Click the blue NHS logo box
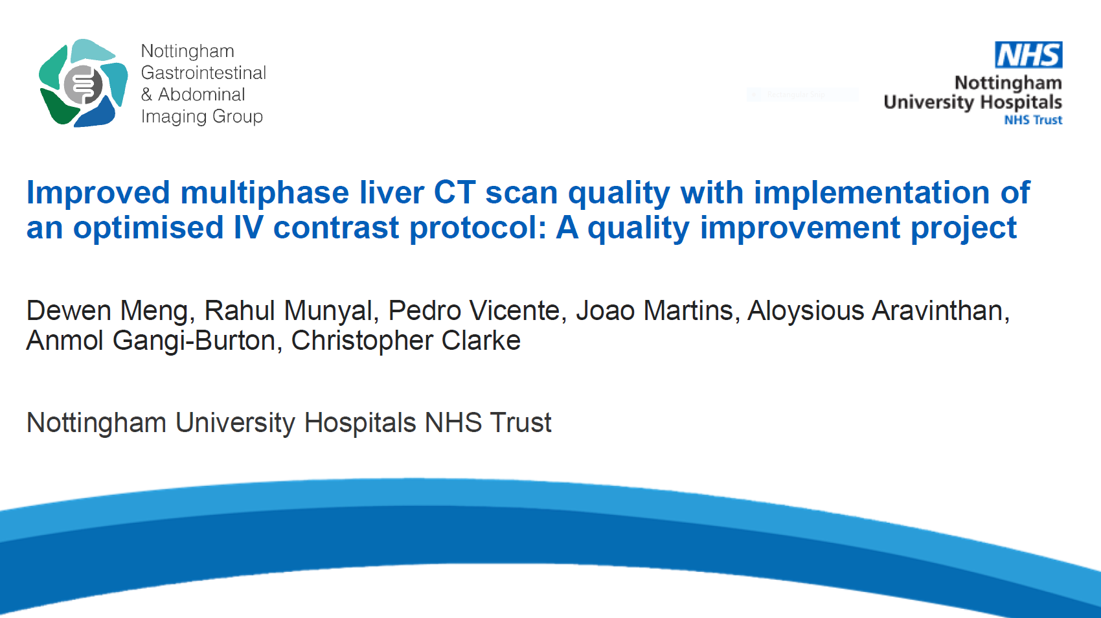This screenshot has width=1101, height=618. coord(1028,54)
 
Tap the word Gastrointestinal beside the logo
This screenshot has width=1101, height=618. coord(203,73)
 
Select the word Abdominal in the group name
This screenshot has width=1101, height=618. coord(201,95)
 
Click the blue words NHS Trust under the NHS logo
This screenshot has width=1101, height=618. coord(1033,120)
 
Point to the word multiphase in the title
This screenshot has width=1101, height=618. coord(264,193)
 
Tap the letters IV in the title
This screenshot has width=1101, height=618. coord(248,227)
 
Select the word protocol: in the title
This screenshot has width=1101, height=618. coord(477,229)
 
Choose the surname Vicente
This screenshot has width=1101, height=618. coord(515,311)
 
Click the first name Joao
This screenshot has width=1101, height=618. coord(606,311)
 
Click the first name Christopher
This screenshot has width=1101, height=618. coord(362,341)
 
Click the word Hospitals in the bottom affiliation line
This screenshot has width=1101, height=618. coord(360,423)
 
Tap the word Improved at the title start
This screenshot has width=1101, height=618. coord(98,193)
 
